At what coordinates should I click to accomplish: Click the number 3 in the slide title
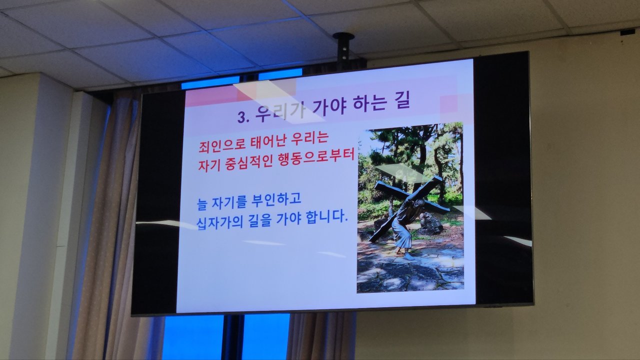tap(241, 117)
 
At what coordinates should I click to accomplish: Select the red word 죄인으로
tap(222, 145)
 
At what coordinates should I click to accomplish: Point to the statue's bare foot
tap(409, 256)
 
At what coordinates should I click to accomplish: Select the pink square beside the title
tap(449, 105)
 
